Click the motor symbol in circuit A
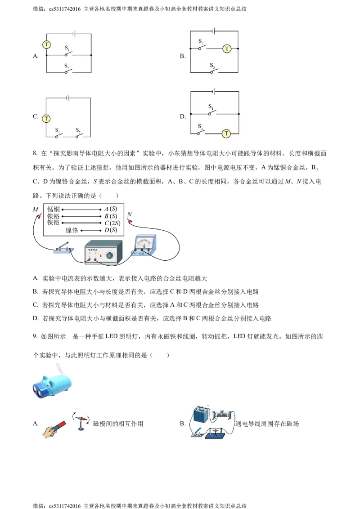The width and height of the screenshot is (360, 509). click(47, 45)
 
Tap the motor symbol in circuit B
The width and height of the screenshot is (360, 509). click(226, 49)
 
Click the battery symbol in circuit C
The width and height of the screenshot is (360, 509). click(67, 98)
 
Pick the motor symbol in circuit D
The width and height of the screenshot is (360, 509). click(226, 134)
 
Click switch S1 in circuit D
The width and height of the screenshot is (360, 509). click(211, 110)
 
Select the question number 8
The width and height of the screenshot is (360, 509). click(35, 153)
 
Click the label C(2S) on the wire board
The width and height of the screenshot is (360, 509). click(112, 223)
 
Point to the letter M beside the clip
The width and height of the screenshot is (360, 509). click(36, 210)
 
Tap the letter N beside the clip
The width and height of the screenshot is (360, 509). click(130, 214)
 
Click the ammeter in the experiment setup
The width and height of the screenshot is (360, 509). click(144, 245)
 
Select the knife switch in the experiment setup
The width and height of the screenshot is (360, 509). click(64, 248)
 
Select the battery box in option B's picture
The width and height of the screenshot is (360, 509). click(202, 415)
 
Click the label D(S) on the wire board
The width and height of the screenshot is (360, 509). click(111, 230)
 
